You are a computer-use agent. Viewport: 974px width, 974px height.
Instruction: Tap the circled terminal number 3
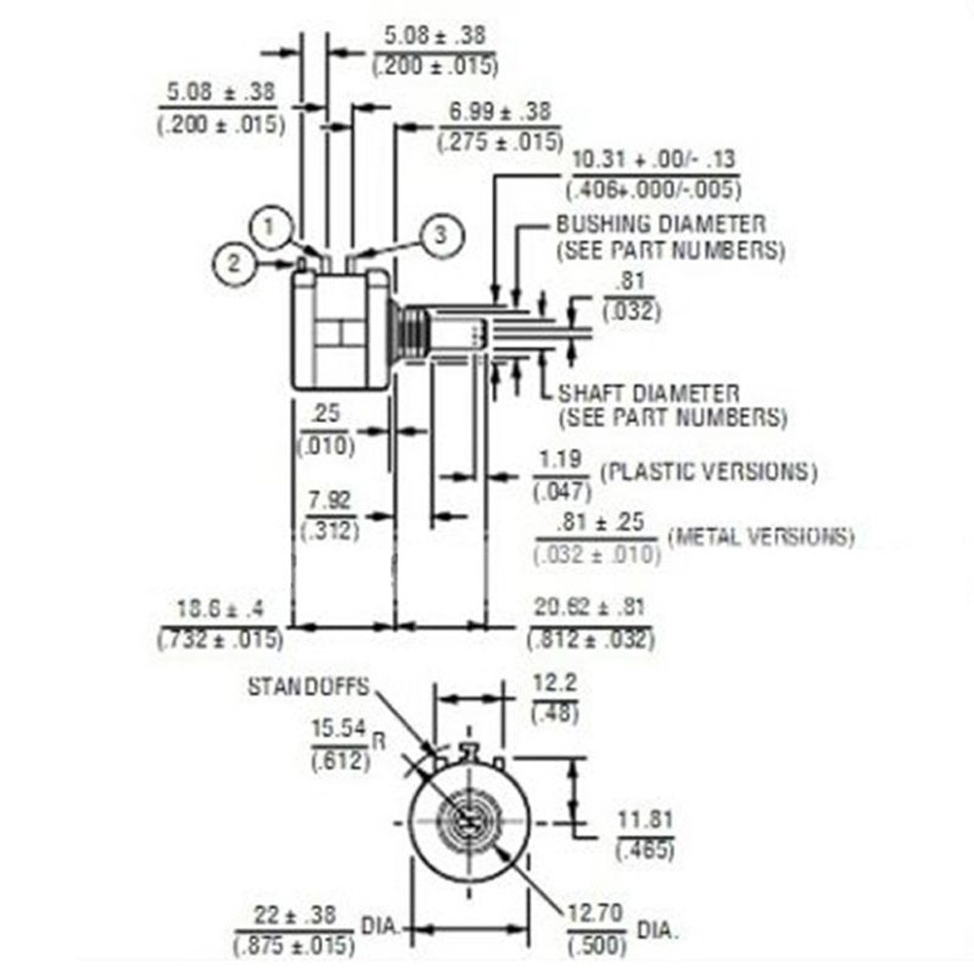tap(439, 234)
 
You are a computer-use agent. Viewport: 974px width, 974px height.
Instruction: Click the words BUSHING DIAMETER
tap(660, 224)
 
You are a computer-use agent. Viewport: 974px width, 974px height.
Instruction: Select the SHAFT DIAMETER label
tap(648, 393)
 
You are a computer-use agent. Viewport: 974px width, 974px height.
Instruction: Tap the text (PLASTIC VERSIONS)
tap(707, 471)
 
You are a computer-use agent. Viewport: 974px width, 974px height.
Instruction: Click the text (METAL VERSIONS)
tap(760, 536)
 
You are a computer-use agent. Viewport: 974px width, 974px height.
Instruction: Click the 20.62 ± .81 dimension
tap(589, 608)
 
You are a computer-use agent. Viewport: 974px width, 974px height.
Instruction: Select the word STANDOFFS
tap(308, 687)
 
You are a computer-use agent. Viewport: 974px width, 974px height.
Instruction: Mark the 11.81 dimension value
tap(644, 819)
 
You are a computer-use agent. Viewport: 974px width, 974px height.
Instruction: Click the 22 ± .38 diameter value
tap(294, 916)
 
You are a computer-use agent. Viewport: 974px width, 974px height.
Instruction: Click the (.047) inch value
tap(562, 492)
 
